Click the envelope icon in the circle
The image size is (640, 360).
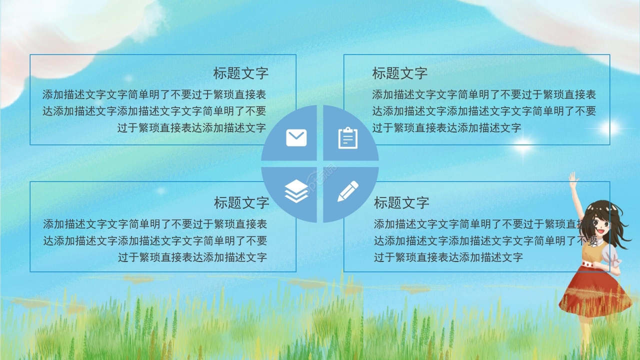296,137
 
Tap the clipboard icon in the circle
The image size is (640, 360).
348,138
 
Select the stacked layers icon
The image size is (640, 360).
296,191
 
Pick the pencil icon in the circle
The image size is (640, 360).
348,191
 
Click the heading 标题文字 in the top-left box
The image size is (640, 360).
241,73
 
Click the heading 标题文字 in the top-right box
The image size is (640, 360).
400,73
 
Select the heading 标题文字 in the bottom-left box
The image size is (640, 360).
241,202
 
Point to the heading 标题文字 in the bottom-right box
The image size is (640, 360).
401,202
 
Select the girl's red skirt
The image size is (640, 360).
595,290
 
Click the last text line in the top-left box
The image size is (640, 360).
191,127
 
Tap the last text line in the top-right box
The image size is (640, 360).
446,127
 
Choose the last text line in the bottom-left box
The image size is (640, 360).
192,257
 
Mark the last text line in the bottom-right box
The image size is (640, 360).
448,257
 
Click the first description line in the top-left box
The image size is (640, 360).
154,94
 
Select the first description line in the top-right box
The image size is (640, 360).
484,94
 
